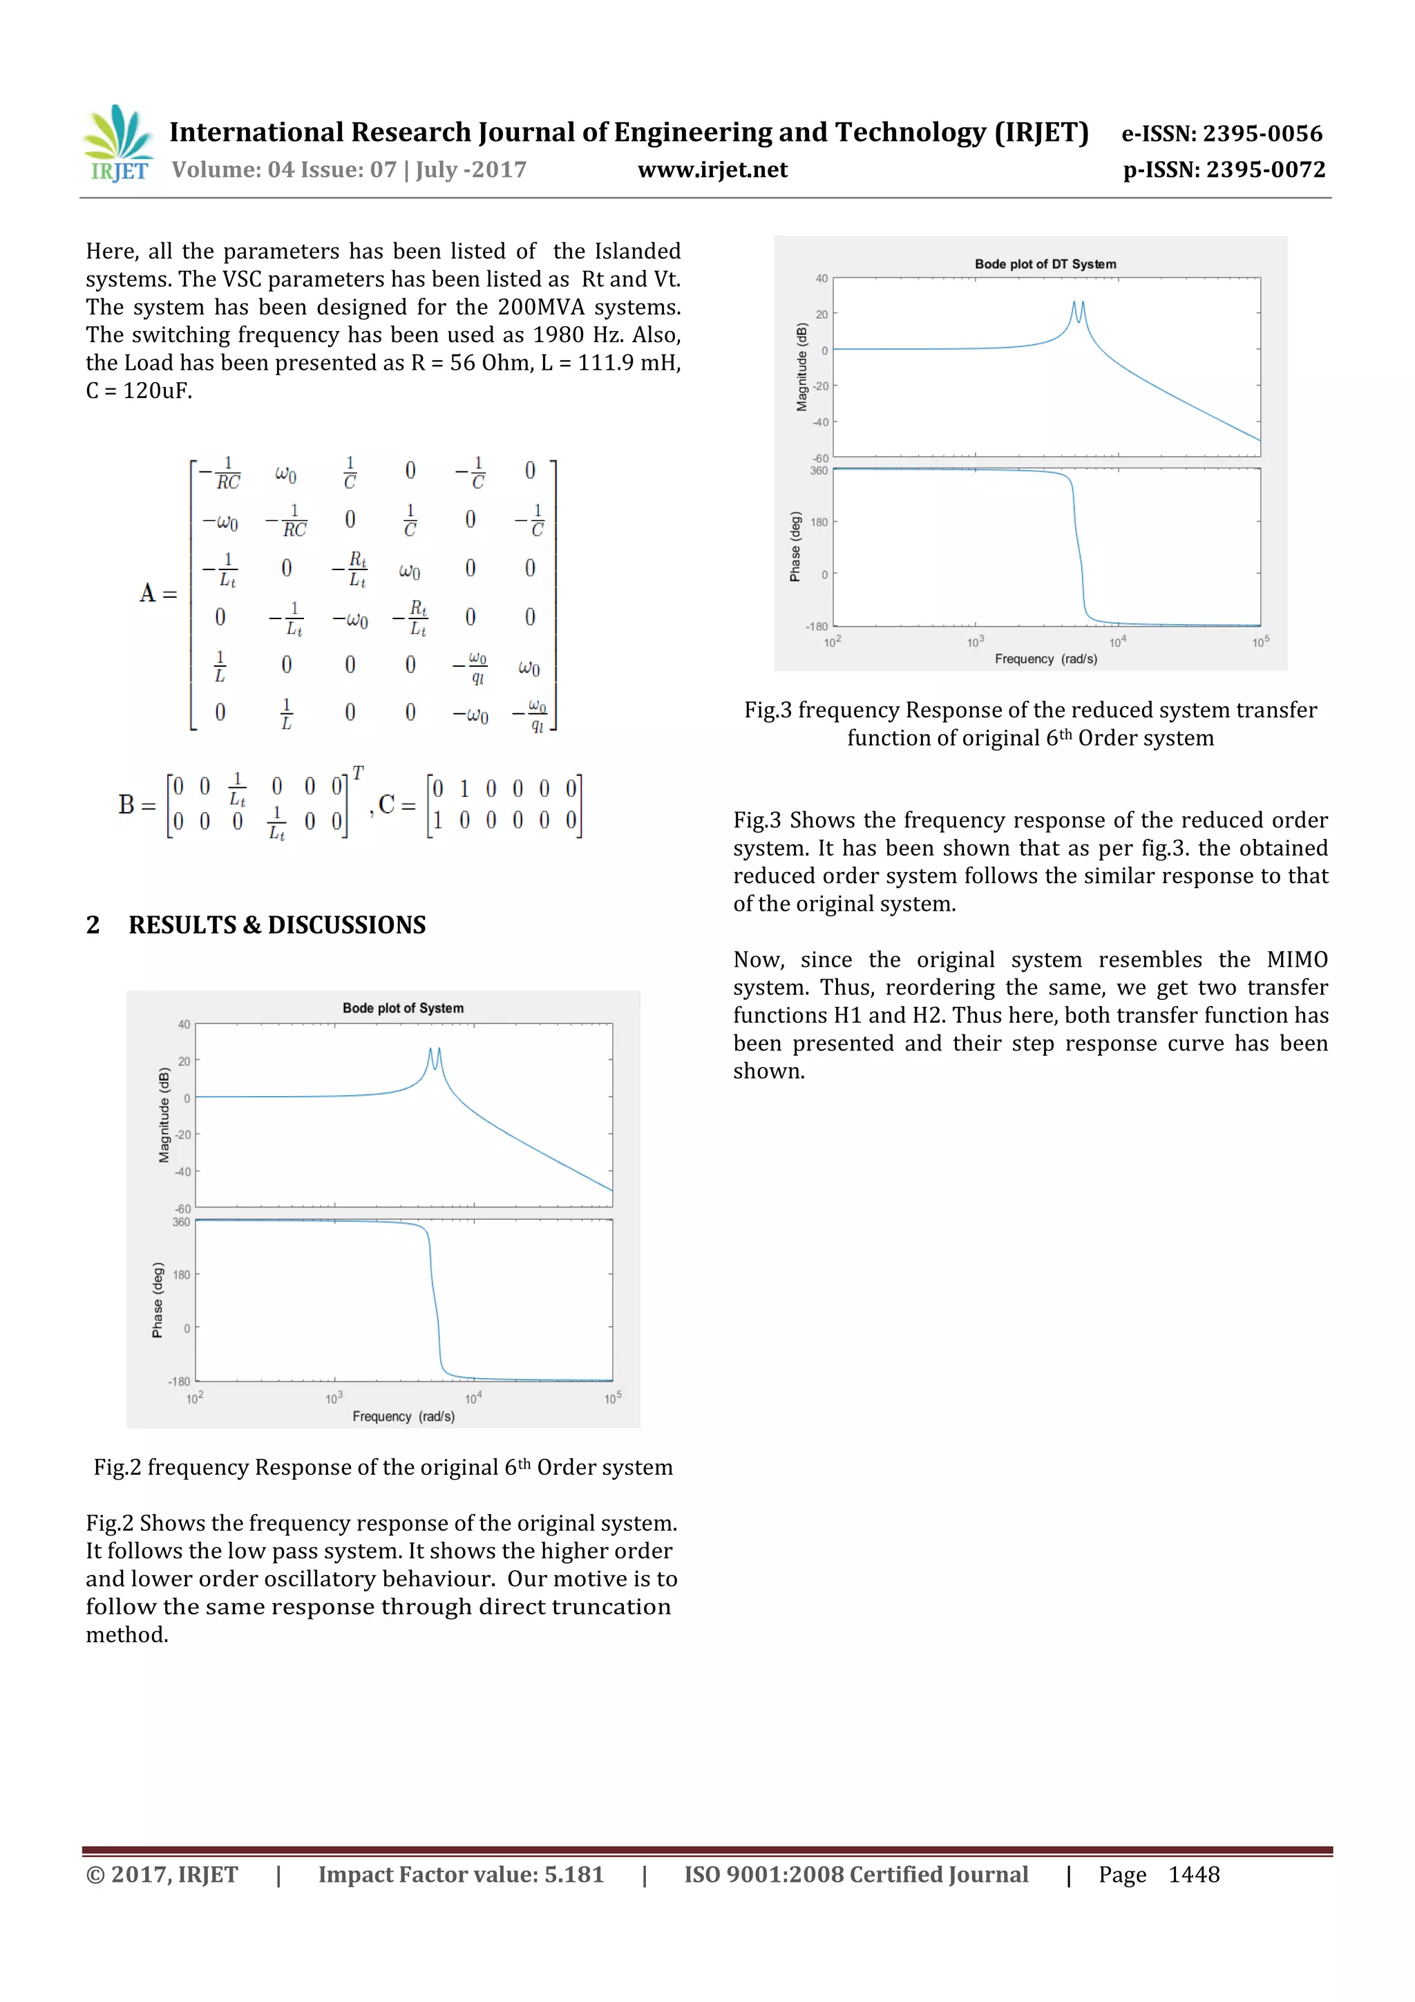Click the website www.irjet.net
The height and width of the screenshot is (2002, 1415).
tap(712, 170)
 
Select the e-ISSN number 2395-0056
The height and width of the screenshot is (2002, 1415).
tap(1262, 133)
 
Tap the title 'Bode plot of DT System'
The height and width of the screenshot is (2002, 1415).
tap(1045, 263)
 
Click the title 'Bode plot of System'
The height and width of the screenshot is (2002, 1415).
tap(403, 1008)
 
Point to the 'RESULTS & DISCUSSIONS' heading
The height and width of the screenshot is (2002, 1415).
tap(277, 925)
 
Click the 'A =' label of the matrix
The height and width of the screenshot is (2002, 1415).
tap(158, 594)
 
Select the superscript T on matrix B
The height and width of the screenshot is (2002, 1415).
tap(357, 773)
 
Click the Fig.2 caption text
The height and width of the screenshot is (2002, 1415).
tap(383, 1468)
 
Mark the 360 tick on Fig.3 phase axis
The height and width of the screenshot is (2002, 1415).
tap(819, 471)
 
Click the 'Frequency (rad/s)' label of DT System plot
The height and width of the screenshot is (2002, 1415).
tap(1045, 659)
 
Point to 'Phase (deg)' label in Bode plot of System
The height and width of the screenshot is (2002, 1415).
tap(158, 1300)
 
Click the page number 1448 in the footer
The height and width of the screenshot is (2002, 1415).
tap(1193, 1875)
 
